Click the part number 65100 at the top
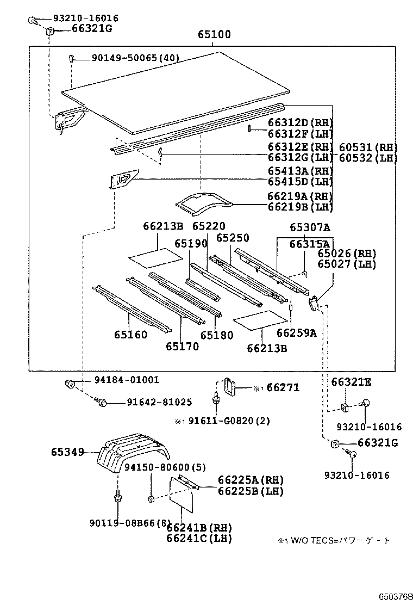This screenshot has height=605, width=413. [x=214, y=35]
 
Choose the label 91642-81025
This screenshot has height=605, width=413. [x=159, y=403]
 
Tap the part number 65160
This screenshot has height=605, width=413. [x=130, y=335]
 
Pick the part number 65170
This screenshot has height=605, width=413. [x=182, y=347]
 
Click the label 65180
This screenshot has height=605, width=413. [x=216, y=335]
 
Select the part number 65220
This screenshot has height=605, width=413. [x=208, y=226]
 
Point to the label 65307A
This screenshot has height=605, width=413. [x=310, y=228]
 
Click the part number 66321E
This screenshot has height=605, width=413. [x=352, y=382]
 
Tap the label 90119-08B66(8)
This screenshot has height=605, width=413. [x=130, y=523]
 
